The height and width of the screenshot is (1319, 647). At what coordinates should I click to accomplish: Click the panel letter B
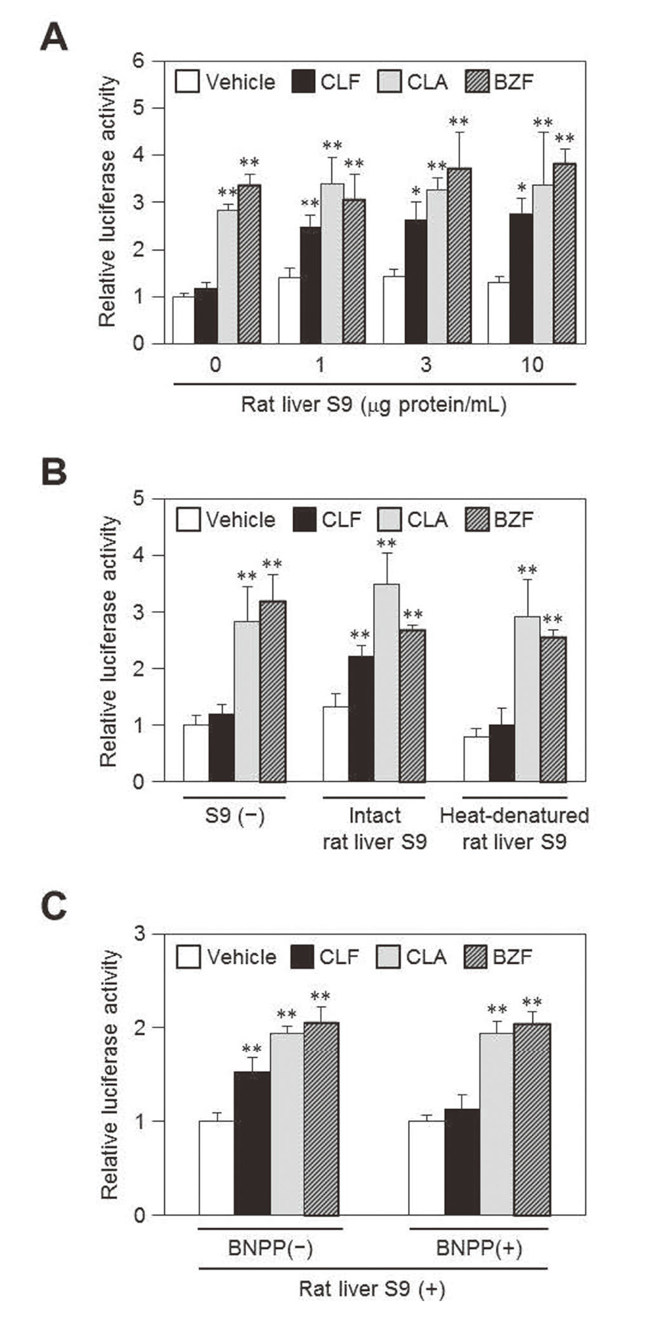pos(53,473)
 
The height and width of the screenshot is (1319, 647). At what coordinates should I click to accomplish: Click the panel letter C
pos(53,907)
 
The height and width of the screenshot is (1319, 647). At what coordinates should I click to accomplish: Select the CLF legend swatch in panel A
pos(303,81)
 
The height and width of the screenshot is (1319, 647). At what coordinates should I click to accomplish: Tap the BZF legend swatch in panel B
pos(477,519)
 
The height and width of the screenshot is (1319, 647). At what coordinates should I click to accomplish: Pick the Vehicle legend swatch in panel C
pos(189,957)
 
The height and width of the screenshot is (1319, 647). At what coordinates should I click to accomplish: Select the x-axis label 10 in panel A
pos(532,365)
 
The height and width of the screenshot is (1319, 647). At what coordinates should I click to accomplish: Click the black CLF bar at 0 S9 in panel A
pos(206,316)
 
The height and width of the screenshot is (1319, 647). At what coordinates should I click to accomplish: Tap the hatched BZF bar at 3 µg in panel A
pos(460,256)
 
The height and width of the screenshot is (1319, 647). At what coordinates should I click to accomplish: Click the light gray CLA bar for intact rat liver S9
pos(386,683)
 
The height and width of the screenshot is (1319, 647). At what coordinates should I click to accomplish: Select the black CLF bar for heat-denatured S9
pos(501,753)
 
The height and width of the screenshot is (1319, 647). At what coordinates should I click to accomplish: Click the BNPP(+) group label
pos(479,1248)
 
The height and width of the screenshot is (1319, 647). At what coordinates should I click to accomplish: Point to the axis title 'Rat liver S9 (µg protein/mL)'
pos(374,404)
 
